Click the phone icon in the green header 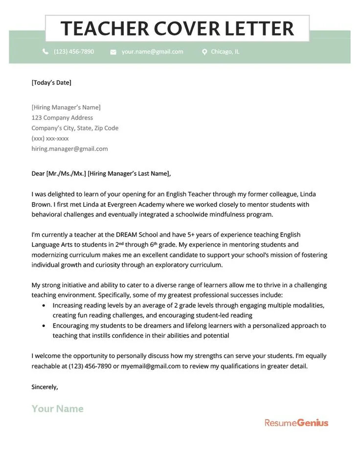[45, 51]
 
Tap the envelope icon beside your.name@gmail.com [113, 52]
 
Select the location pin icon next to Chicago [204, 52]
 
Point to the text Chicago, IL [225, 51]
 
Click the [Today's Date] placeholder [51, 82]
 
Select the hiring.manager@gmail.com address [69, 149]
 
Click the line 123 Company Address [62, 117]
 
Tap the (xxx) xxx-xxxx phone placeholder [50, 139]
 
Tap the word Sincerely [45, 387]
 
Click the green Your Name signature [58, 409]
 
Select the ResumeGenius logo [296, 422]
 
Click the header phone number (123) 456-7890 [74, 51]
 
